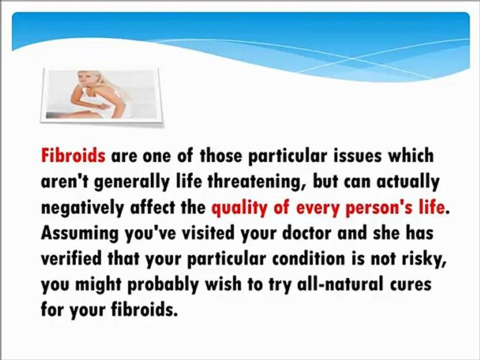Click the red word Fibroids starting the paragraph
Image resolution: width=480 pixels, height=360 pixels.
click(x=73, y=156)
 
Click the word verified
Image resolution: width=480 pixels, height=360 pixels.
click(x=72, y=258)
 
